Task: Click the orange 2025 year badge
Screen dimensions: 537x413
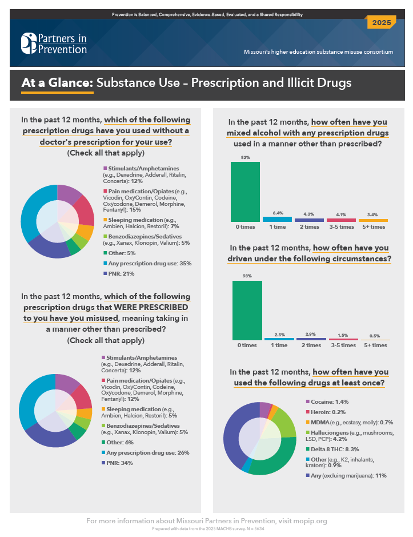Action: (381, 23)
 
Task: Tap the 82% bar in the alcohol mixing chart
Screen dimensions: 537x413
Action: (245, 192)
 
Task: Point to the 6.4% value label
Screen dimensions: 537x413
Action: (277, 213)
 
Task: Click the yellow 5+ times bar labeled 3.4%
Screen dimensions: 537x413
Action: (373, 220)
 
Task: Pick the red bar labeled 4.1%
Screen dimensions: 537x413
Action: (341, 220)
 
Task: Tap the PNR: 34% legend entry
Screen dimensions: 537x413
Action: (119, 463)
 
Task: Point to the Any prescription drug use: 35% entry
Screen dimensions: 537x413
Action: (146, 264)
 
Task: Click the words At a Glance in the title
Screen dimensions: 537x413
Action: (57, 83)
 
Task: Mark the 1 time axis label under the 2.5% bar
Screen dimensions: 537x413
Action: (279, 345)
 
